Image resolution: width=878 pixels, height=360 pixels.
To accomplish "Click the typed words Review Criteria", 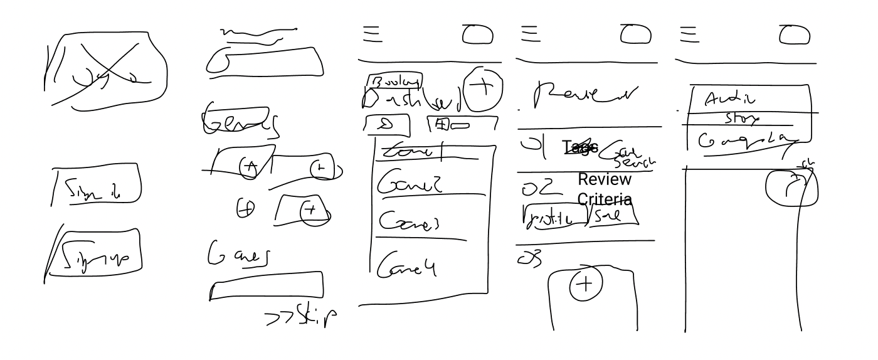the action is (x=605, y=189).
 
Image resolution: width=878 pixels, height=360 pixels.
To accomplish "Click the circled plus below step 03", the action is (x=584, y=285).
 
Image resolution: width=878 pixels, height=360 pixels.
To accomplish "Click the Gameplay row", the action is (x=746, y=139).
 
